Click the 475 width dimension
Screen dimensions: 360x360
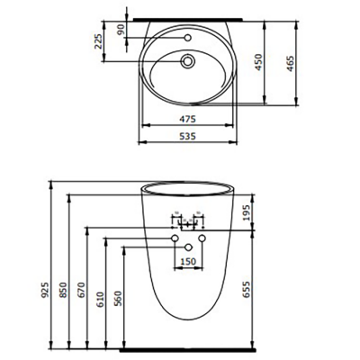pyautogui.click(x=184, y=118)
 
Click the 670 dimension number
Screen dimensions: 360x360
pyautogui.click(x=84, y=290)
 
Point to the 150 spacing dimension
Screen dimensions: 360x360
pyautogui.click(x=188, y=261)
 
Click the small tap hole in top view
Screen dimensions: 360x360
pyautogui.click(x=188, y=39)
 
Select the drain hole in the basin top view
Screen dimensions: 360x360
pyautogui.click(x=188, y=62)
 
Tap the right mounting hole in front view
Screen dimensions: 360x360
pyautogui.click(x=202, y=238)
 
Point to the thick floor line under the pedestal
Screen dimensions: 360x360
pyautogui.click(x=184, y=348)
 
